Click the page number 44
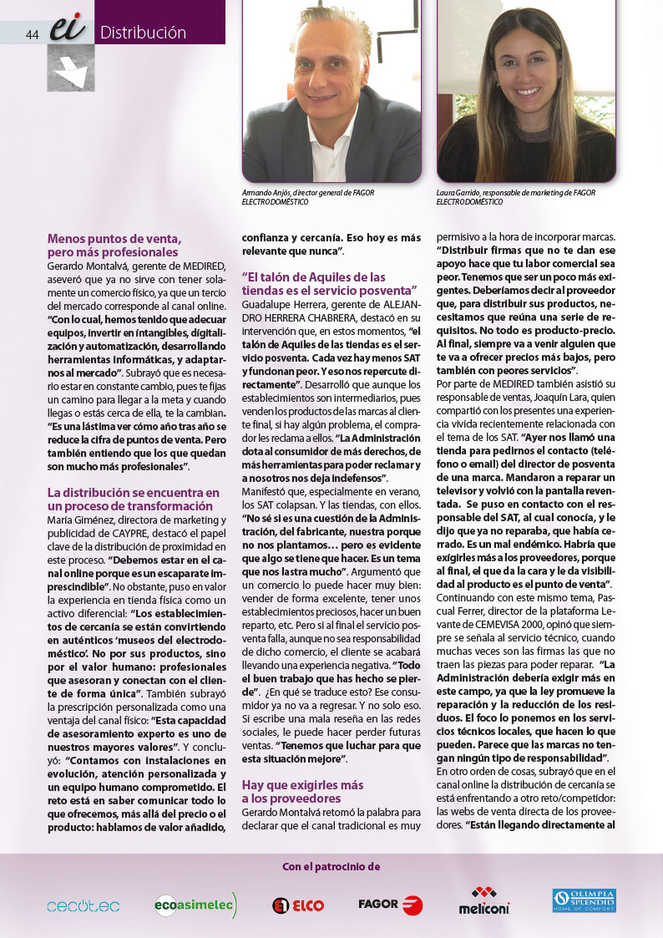(x=33, y=34)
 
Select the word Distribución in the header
(x=143, y=33)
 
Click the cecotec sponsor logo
(x=83, y=905)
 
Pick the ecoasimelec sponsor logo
(x=195, y=905)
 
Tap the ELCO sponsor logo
(x=298, y=905)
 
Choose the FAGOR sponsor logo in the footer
(x=390, y=905)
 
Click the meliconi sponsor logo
(x=484, y=903)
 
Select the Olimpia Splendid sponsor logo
(x=584, y=900)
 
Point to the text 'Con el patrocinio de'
(x=331, y=866)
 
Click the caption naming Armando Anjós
(x=307, y=197)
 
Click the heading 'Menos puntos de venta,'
(x=114, y=238)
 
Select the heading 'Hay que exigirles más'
(x=302, y=785)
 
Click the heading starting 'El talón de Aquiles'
(x=314, y=277)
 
